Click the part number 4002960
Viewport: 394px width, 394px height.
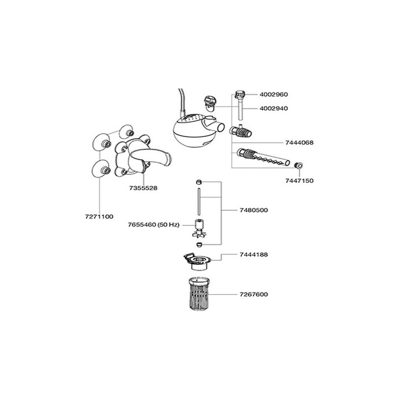click(x=274, y=95)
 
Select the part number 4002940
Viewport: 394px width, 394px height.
click(x=274, y=108)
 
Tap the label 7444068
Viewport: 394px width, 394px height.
click(x=299, y=143)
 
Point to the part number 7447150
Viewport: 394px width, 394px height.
click(x=299, y=181)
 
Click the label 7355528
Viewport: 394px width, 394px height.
click(x=143, y=188)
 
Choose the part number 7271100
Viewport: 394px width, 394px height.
click(x=99, y=217)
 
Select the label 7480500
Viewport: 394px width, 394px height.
click(x=254, y=210)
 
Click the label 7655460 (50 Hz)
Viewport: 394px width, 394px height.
click(x=154, y=225)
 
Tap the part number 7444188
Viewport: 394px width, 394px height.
click(x=254, y=255)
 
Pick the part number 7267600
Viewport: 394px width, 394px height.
click(x=254, y=294)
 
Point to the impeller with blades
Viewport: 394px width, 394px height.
click(x=199, y=229)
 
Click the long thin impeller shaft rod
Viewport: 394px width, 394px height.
click(x=199, y=201)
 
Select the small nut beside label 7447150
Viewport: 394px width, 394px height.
click(x=298, y=165)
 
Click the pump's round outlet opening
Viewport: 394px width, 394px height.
click(x=221, y=128)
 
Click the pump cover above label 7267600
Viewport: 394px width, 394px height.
click(x=197, y=262)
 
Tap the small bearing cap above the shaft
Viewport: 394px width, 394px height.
click(x=199, y=182)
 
